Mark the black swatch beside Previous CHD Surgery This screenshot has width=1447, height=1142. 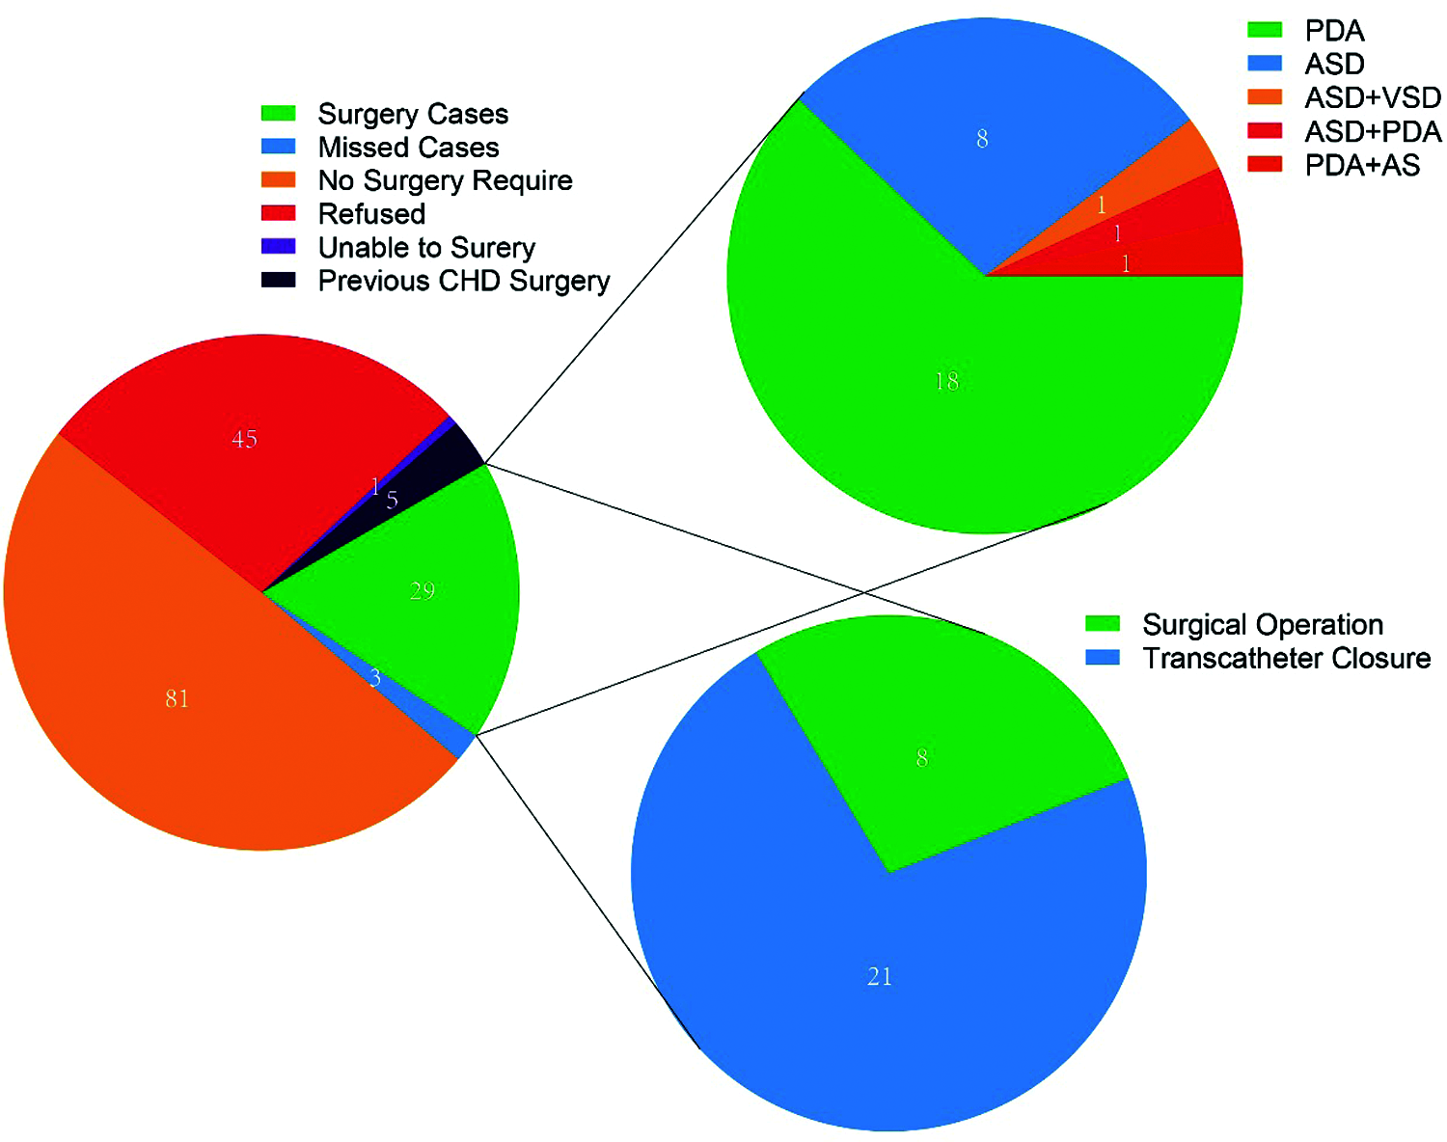[x=279, y=281]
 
